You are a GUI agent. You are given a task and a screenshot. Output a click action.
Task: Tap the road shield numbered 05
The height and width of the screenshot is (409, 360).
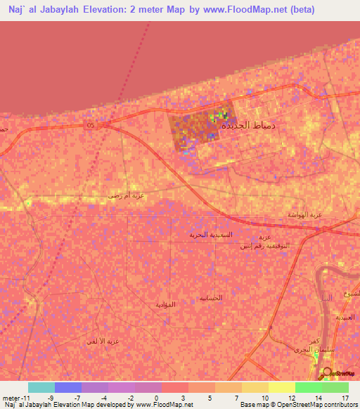click(90, 125)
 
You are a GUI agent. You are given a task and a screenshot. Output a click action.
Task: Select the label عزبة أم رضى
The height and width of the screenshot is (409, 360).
click(127, 195)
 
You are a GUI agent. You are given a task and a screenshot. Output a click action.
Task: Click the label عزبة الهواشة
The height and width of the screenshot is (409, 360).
click(304, 214)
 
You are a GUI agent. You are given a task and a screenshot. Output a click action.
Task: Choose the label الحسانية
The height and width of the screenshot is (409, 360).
click(210, 298)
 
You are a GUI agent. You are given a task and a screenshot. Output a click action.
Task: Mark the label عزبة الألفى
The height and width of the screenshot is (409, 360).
click(103, 341)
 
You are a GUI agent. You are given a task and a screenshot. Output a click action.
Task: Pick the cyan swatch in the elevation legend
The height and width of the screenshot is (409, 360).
click(41, 387)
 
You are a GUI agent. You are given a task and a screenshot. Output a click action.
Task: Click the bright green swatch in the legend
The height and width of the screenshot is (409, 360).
click(309, 387)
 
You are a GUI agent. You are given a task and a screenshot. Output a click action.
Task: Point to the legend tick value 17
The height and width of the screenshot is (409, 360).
click(345, 398)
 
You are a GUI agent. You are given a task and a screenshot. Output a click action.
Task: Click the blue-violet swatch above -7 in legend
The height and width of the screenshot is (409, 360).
click(68, 387)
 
